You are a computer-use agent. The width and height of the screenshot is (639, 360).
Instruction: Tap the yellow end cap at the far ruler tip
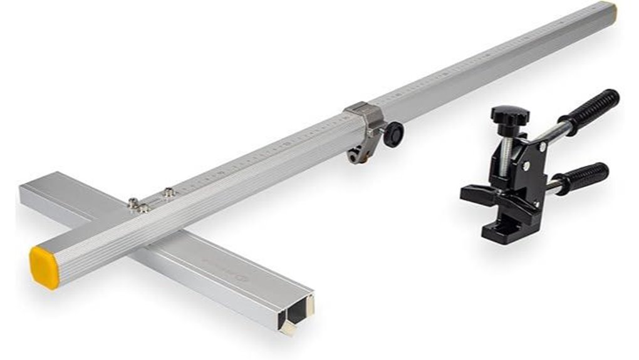click(x=610, y=11)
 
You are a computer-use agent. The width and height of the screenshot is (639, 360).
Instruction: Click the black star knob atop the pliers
click(x=509, y=116)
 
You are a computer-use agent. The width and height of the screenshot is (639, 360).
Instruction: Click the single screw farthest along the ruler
click(x=168, y=193)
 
